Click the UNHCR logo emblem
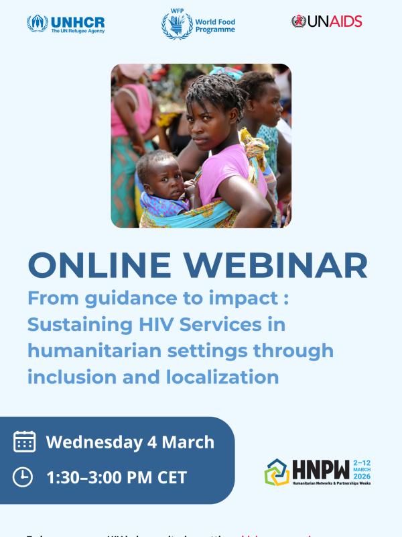click(x=38, y=23)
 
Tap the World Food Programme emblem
click(x=176, y=25)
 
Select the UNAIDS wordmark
click(x=334, y=21)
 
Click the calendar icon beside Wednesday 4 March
click(x=25, y=442)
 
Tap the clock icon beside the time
click(x=23, y=477)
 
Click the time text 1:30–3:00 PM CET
click(x=117, y=478)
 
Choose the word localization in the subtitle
click(x=220, y=377)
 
